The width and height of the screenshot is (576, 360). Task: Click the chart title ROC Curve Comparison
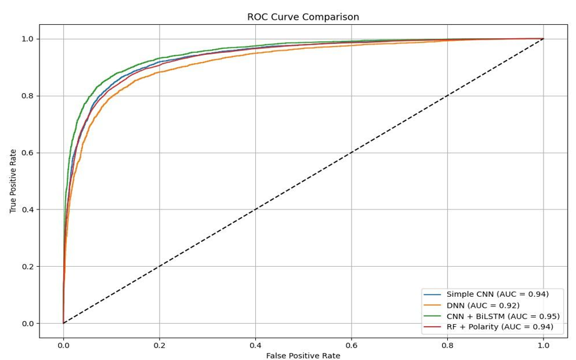click(x=303, y=17)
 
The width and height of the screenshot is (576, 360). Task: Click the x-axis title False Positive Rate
click(x=303, y=355)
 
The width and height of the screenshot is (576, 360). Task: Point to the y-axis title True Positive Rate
click(x=13, y=181)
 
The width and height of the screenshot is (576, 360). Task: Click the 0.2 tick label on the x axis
click(x=159, y=345)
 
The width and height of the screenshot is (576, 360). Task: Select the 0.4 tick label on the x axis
click(x=255, y=345)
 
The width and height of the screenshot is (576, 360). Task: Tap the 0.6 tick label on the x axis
click(x=351, y=345)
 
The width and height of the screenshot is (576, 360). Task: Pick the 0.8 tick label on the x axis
click(x=448, y=345)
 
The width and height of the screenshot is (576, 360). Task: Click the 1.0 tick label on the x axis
click(x=543, y=345)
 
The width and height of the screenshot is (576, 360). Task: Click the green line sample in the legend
click(x=432, y=316)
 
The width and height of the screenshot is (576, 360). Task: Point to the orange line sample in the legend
click(x=432, y=305)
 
